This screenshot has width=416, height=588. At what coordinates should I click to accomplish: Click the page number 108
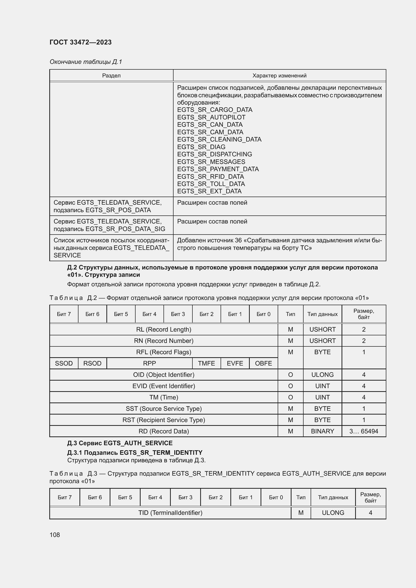click(55, 534)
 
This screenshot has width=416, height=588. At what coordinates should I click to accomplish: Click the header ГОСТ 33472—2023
click(80, 42)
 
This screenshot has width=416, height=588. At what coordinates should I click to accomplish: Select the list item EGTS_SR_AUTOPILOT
click(211, 117)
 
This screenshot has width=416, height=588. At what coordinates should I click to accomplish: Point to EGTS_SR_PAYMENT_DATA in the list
click(218, 169)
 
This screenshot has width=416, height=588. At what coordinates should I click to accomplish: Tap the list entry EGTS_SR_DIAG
click(201, 147)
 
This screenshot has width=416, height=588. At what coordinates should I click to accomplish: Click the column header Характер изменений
click(279, 76)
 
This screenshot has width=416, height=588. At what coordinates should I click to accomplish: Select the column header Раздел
click(111, 76)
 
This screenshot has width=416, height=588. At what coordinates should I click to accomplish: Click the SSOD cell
click(64, 363)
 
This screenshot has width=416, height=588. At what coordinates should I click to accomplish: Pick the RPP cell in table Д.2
click(149, 363)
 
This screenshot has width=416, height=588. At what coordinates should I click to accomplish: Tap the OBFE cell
click(263, 363)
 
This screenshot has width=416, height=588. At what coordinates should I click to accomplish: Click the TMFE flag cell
click(206, 363)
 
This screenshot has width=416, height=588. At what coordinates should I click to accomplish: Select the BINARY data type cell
click(322, 431)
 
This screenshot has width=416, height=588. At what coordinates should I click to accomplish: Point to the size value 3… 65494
click(363, 431)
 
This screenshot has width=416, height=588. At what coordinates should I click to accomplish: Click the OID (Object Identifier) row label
click(164, 375)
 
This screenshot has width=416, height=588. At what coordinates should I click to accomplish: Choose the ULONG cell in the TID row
click(333, 512)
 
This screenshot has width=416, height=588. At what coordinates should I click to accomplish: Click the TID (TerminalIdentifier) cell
click(170, 512)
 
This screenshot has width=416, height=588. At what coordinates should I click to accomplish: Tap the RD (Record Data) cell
click(164, 431)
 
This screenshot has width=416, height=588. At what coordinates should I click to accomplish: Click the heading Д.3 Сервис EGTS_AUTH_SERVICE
click(120, 443)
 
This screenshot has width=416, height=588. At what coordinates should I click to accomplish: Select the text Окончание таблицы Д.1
click(86, 62)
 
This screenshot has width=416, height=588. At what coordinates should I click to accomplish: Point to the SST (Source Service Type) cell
click(164, 409)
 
